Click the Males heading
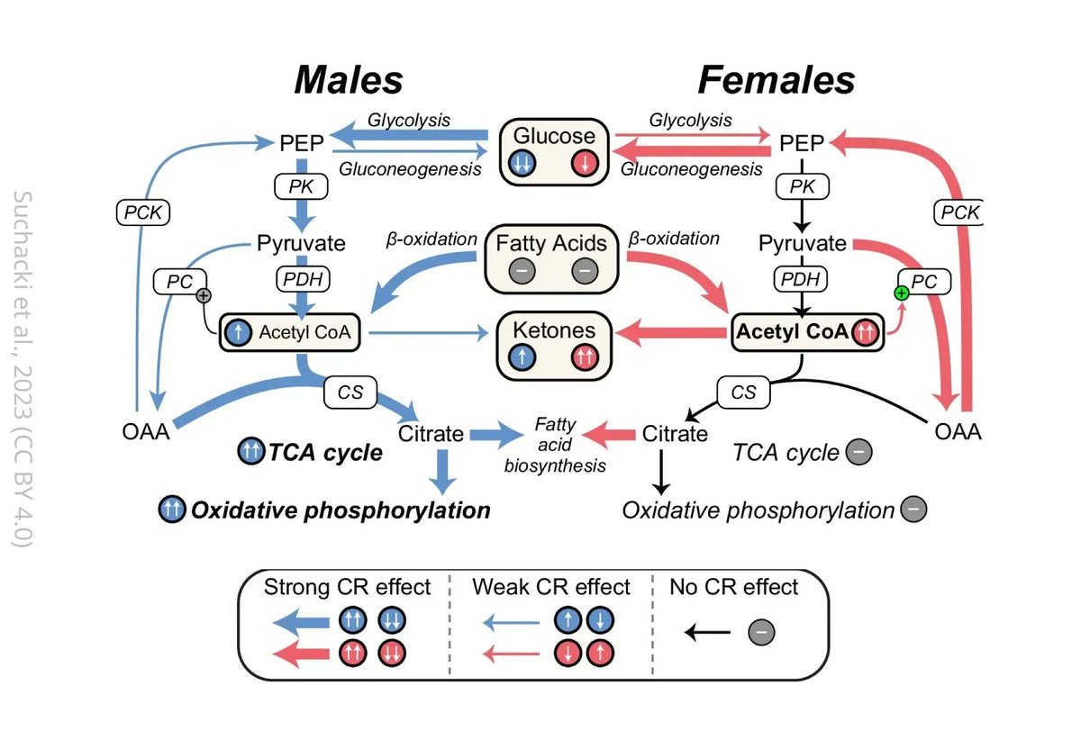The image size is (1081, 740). (x=348, y=81)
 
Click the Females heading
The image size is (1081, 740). (x=776, y=81)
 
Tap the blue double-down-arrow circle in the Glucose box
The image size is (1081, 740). (x=523, y=164)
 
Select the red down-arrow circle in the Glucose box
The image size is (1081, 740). (x=586, y=164)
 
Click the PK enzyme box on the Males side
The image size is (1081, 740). (x=296, y=186)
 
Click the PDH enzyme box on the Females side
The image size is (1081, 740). (x=800, y=279)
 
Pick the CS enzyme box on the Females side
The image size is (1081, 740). (x=742, y=393)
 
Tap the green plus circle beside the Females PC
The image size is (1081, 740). (x=899, y=293)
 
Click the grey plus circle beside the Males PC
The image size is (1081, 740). (x=204, y=294)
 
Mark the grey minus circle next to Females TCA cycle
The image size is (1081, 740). (x=859, y=452)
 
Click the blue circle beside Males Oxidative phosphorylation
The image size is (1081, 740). (x=172, y=510)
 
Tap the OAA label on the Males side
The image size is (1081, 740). (x=145, y=433)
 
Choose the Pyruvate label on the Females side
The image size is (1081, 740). (x=802, y=243)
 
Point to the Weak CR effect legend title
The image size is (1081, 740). (x=550, y=587)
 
